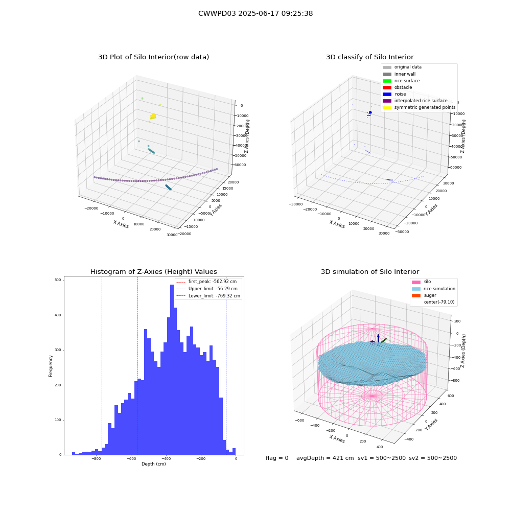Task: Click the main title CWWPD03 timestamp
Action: pyautogui.click(x=255, y=13)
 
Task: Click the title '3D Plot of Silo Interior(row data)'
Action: pyautogui.click(x=153, y=57)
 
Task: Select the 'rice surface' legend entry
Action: pyautogui.click(x=401, y=81)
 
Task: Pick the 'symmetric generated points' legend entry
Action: pyautogui.click(x=419, y=107)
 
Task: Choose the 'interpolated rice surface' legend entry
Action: pyautogui.click(x=415, y=101)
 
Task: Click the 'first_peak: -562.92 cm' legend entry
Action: pyautogui.click(x=206, y=282)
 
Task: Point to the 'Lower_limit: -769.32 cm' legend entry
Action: pyautogui.click(x=208, y=296)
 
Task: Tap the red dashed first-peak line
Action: pyautogui.click(x=137, y=366)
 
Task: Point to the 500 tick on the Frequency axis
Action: pyautogui.click(x=58, y=280)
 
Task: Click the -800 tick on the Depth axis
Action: pyautogui.click(x=96, y=458)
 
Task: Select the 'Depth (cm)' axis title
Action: pyautogui.click(x=153, y=464)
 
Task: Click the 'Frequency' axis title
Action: pyautogui.click(x=51, y=366)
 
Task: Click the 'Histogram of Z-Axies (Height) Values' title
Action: pyautogui.click(x=153, y=272)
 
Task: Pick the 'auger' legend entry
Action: pyautogui.click(x=424, y=295)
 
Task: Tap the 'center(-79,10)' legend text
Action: pyautogui.click(x=439, y=302)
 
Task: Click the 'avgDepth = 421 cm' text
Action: pyautogui.click(x=325, y=458)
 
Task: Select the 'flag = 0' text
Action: pyautogui.click(x=277, y=458)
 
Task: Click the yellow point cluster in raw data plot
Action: pyautogui.click(x=153, y=116)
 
